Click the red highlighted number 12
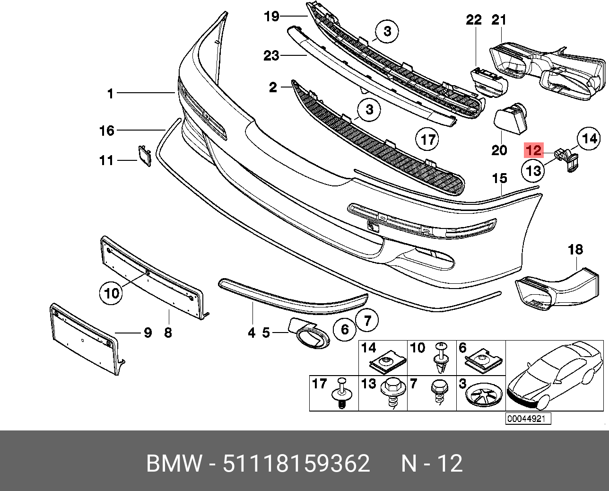click(533, 151)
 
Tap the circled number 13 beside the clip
click(533, 170)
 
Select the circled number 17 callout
click(427, 140)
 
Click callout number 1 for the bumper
click(111, 94)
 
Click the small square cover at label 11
click(143, 155)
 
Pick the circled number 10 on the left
click(112, 294)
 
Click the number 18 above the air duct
click(575, 249)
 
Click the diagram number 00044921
click(528, 419)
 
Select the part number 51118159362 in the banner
click(296, 464)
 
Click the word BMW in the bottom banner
click(174, 464)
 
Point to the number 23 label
click(271, 56)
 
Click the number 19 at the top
click(271, 17)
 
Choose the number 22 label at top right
click(474, 20)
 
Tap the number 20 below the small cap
click(499, 150)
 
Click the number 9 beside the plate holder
click(148, 333)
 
